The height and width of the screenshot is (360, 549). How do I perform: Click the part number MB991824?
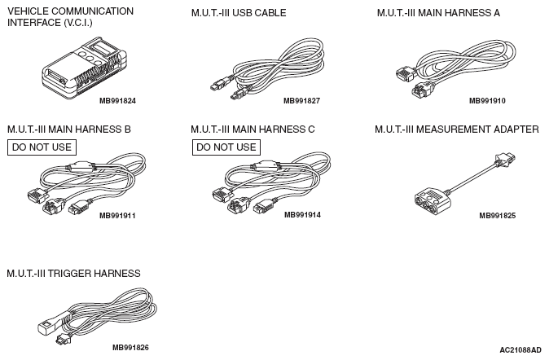coord(117,101)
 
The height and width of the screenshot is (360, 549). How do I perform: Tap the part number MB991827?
coord(301,101)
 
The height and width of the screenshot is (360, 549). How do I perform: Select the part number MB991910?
coord(487,101)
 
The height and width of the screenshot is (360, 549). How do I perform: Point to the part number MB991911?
coord(117,216)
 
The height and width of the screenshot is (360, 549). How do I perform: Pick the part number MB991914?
coord(301,216)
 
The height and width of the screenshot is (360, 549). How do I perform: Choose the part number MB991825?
coord(497,216)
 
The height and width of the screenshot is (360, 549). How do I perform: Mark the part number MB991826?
coord(130,347)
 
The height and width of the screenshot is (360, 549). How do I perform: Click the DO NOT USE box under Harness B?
coord(41,147)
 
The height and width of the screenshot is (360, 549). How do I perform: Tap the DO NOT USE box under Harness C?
coord(226,147)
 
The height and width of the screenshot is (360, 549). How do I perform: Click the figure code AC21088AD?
coord(520,349)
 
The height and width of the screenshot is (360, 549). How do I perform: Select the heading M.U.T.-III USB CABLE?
coord(238,13)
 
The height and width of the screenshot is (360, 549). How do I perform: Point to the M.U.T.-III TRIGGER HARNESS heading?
coord(73,273)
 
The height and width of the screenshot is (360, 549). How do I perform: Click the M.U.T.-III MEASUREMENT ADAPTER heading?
coord(456,129)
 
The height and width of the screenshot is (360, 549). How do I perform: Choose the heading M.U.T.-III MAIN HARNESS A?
coord(438,13)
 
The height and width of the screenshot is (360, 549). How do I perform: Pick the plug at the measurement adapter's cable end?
coord(504,160)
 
